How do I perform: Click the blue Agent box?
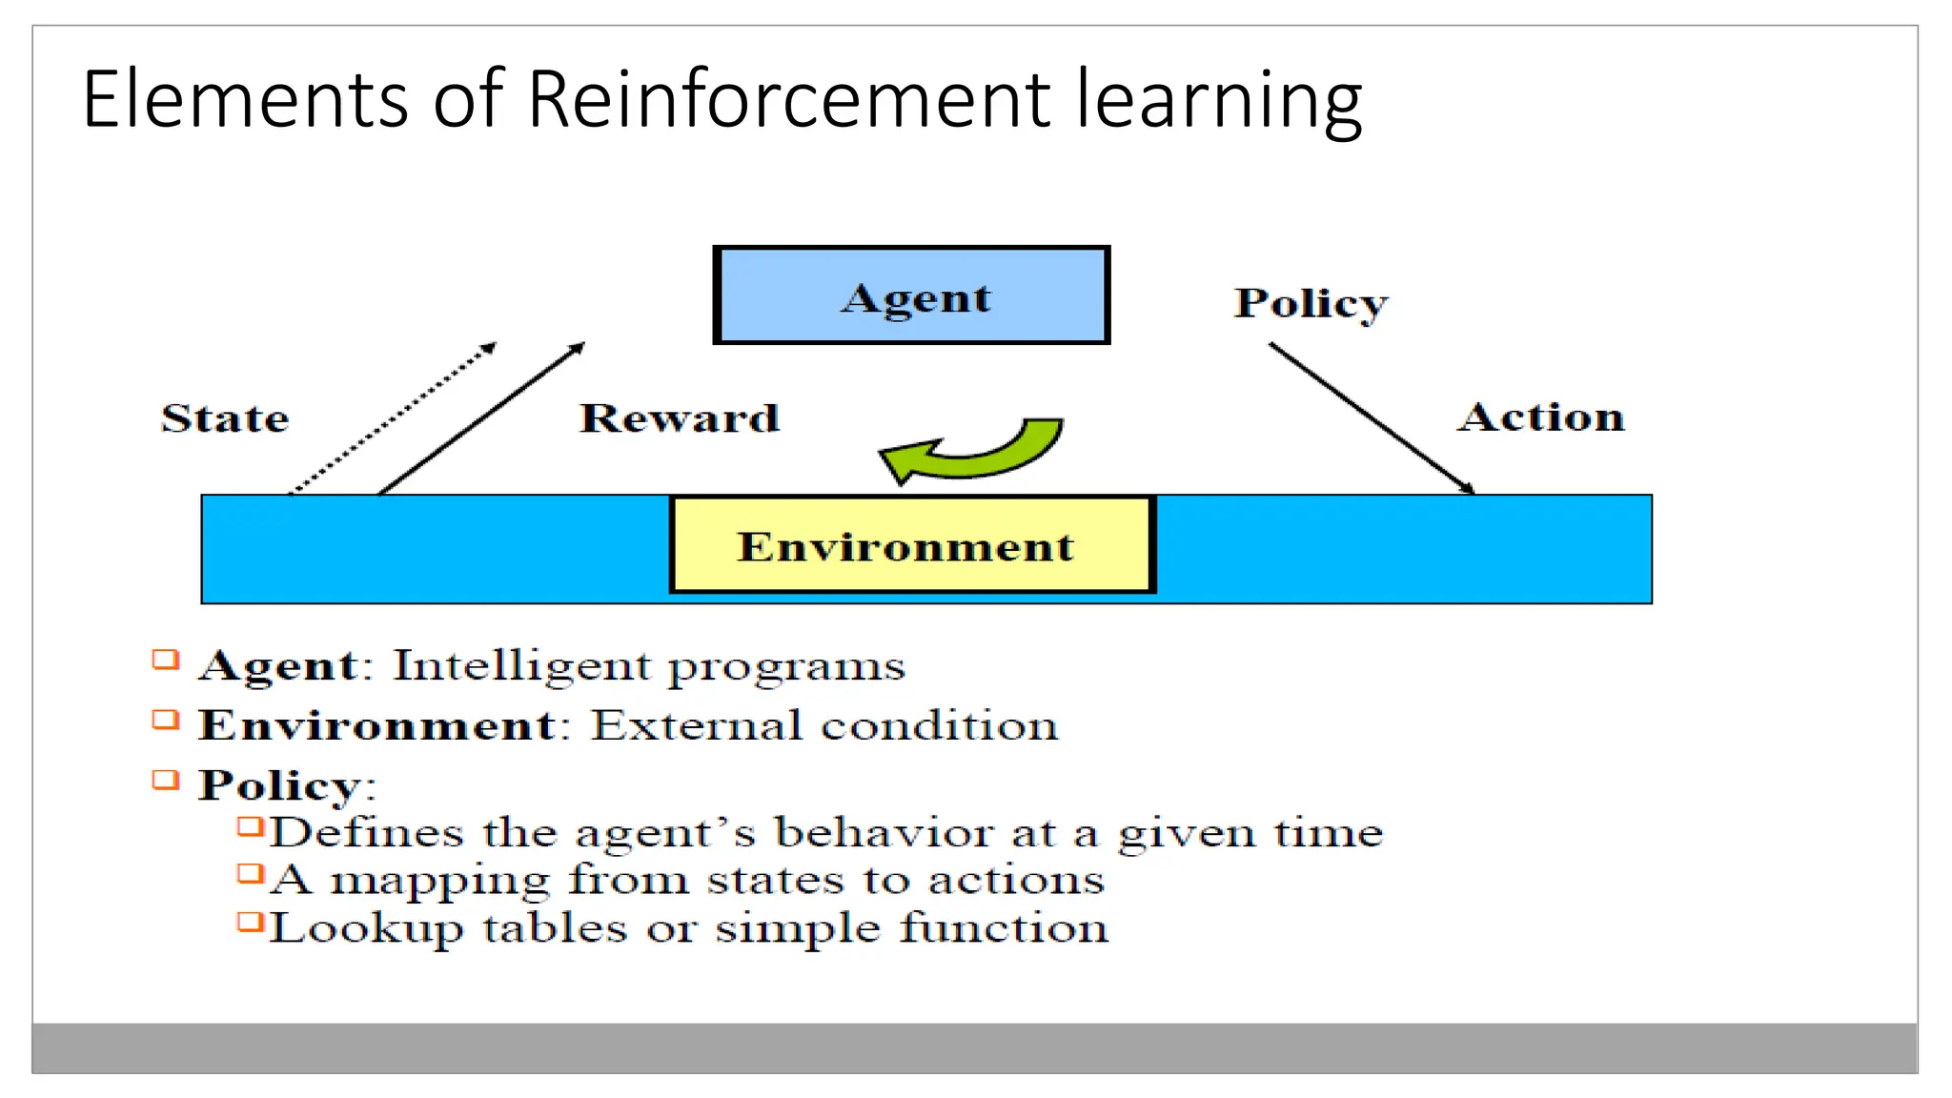coord(911,295)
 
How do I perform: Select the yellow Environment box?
coord(911,545)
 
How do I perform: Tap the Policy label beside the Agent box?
coord(1311,303)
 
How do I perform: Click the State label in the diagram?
coord(225,418)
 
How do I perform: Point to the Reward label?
coord(679,418)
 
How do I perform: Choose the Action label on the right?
coord(1541,417)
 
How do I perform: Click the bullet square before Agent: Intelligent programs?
coord(166,660)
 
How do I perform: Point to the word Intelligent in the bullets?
coord(521,664)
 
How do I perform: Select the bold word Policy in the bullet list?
coord(278,786)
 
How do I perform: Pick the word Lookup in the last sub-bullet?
coord(366,928)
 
